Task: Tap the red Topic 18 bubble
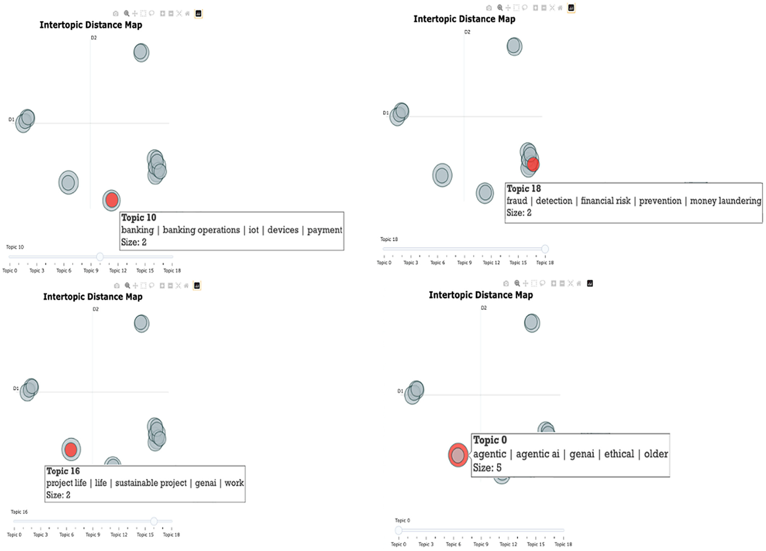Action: coord(533,164)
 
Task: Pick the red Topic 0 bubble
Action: coord(458,455)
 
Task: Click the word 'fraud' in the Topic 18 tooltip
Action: coord(517,201)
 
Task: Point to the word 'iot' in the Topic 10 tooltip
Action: coord(254,230)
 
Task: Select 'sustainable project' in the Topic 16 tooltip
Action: coord(151,483)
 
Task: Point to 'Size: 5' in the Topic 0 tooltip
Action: coord(487,468)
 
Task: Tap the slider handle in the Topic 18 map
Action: coord(545,249)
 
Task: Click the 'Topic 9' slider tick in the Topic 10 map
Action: coord(91,270)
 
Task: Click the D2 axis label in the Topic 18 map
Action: coord(467,32)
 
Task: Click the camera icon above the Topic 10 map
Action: coord(115,13)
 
